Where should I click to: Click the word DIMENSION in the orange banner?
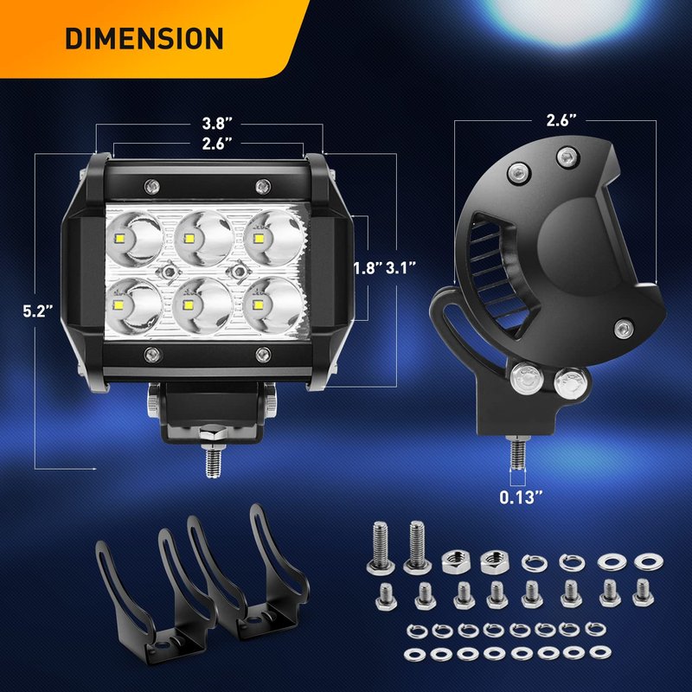144,38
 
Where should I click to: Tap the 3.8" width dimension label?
217,124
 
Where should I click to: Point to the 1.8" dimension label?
368,268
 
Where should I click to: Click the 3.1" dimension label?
401,268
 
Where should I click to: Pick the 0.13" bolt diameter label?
521,498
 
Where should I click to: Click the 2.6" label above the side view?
561,120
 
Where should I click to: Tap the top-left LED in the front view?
133,239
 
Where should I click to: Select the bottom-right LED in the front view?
273,304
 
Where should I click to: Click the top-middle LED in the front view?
203,239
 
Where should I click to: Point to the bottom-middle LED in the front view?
202,305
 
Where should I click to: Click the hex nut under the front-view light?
213,433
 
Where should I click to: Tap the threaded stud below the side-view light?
517,452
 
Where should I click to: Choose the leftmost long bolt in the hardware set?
380,548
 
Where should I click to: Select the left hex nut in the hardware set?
456,561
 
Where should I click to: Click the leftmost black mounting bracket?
125,600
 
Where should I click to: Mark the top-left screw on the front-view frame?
152,187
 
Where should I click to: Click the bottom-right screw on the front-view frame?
264,355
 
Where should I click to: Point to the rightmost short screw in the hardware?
643,593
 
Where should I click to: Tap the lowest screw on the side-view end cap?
624,330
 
